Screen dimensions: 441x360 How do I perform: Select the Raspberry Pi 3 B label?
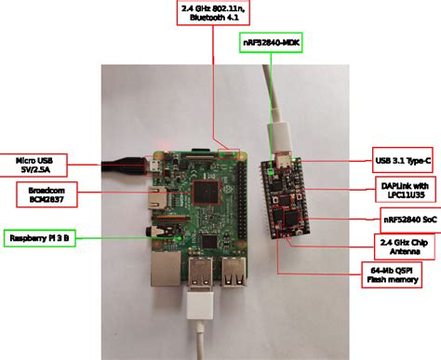40,239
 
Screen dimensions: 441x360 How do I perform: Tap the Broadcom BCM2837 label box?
41,193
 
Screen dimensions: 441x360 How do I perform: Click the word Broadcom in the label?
41,189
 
